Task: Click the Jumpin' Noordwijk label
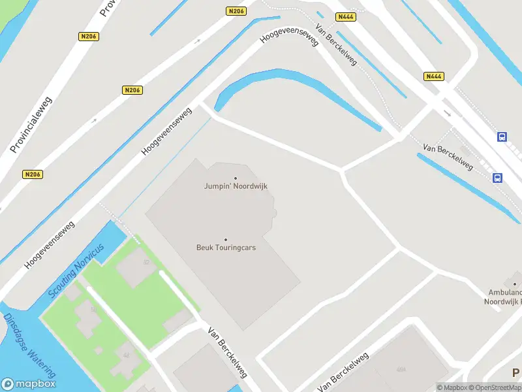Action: click(x=236, y=186)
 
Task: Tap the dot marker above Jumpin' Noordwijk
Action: click(x=236, y=178)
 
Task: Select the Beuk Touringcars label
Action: click(x=226, y=248)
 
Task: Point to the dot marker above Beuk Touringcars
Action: click(x=226, y=239)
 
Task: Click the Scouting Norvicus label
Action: click(x=76, y=271)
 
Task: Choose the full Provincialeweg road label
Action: click(x=31, y=125)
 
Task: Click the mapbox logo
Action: click(x=28, y=384)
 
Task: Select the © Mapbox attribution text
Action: click(x=452, y=387)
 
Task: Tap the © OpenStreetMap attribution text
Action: click(x=496, y=387)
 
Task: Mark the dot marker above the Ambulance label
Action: click(x=515, y=284)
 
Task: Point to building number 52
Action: click(x=146, y=263)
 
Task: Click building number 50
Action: click(x=93, y=310)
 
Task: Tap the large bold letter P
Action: click(x=516, y=372)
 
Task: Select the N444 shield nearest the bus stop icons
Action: click(x=433, y=76)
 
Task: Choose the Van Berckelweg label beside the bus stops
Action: click(x=448, y=157)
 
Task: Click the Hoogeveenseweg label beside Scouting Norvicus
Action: click(x=50, y=244)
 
